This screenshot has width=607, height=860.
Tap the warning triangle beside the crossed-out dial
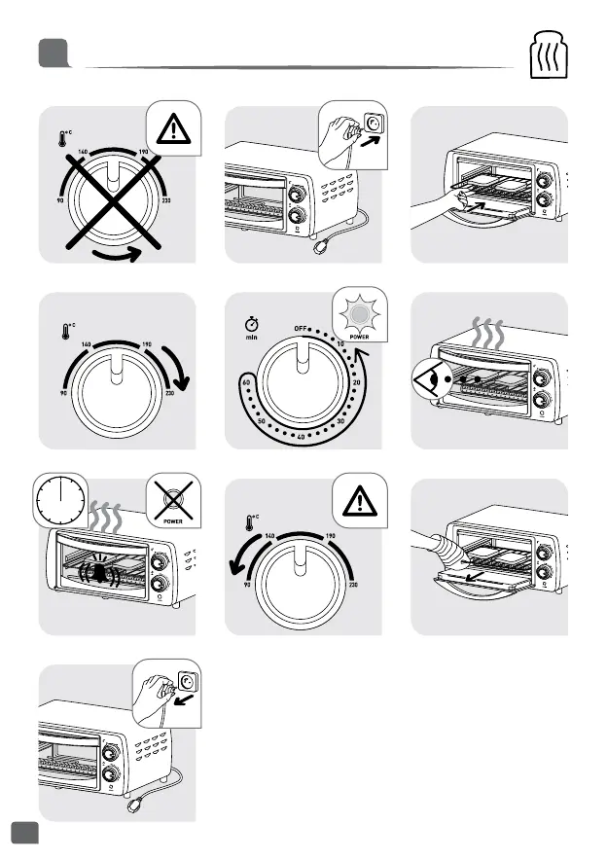pyautogui.click(x=175, y=129)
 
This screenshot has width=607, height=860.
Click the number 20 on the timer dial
pyautogui.click(x=360, y=383)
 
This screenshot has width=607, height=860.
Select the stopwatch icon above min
pyautogui.click(x=251, y=319)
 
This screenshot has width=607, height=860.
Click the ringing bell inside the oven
pyautogui.click(x=101, y=572)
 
